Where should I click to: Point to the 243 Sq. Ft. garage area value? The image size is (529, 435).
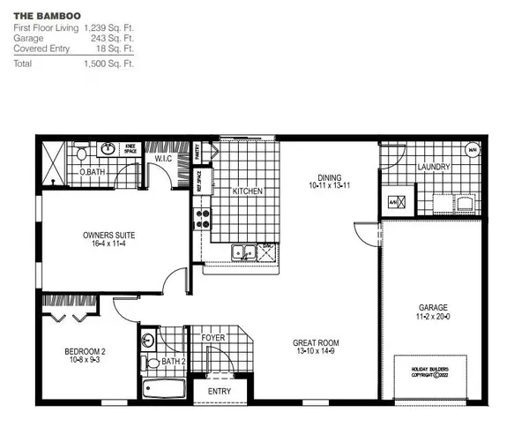click(x=114, y=39)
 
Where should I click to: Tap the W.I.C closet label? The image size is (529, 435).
click(x=164, y=160)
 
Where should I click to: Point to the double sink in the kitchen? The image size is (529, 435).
click(x=243, y=253)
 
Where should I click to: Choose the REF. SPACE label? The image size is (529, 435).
click(x=199, y=186)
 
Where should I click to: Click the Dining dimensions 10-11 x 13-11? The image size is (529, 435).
click(x=332, y=186)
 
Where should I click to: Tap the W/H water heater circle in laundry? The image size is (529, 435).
click(x=473, y=151)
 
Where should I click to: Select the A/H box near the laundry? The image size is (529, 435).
click(x=395, y=201)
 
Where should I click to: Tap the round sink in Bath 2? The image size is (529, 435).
click(x=148, y=340)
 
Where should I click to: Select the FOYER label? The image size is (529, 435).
click(x=213, y=337)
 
